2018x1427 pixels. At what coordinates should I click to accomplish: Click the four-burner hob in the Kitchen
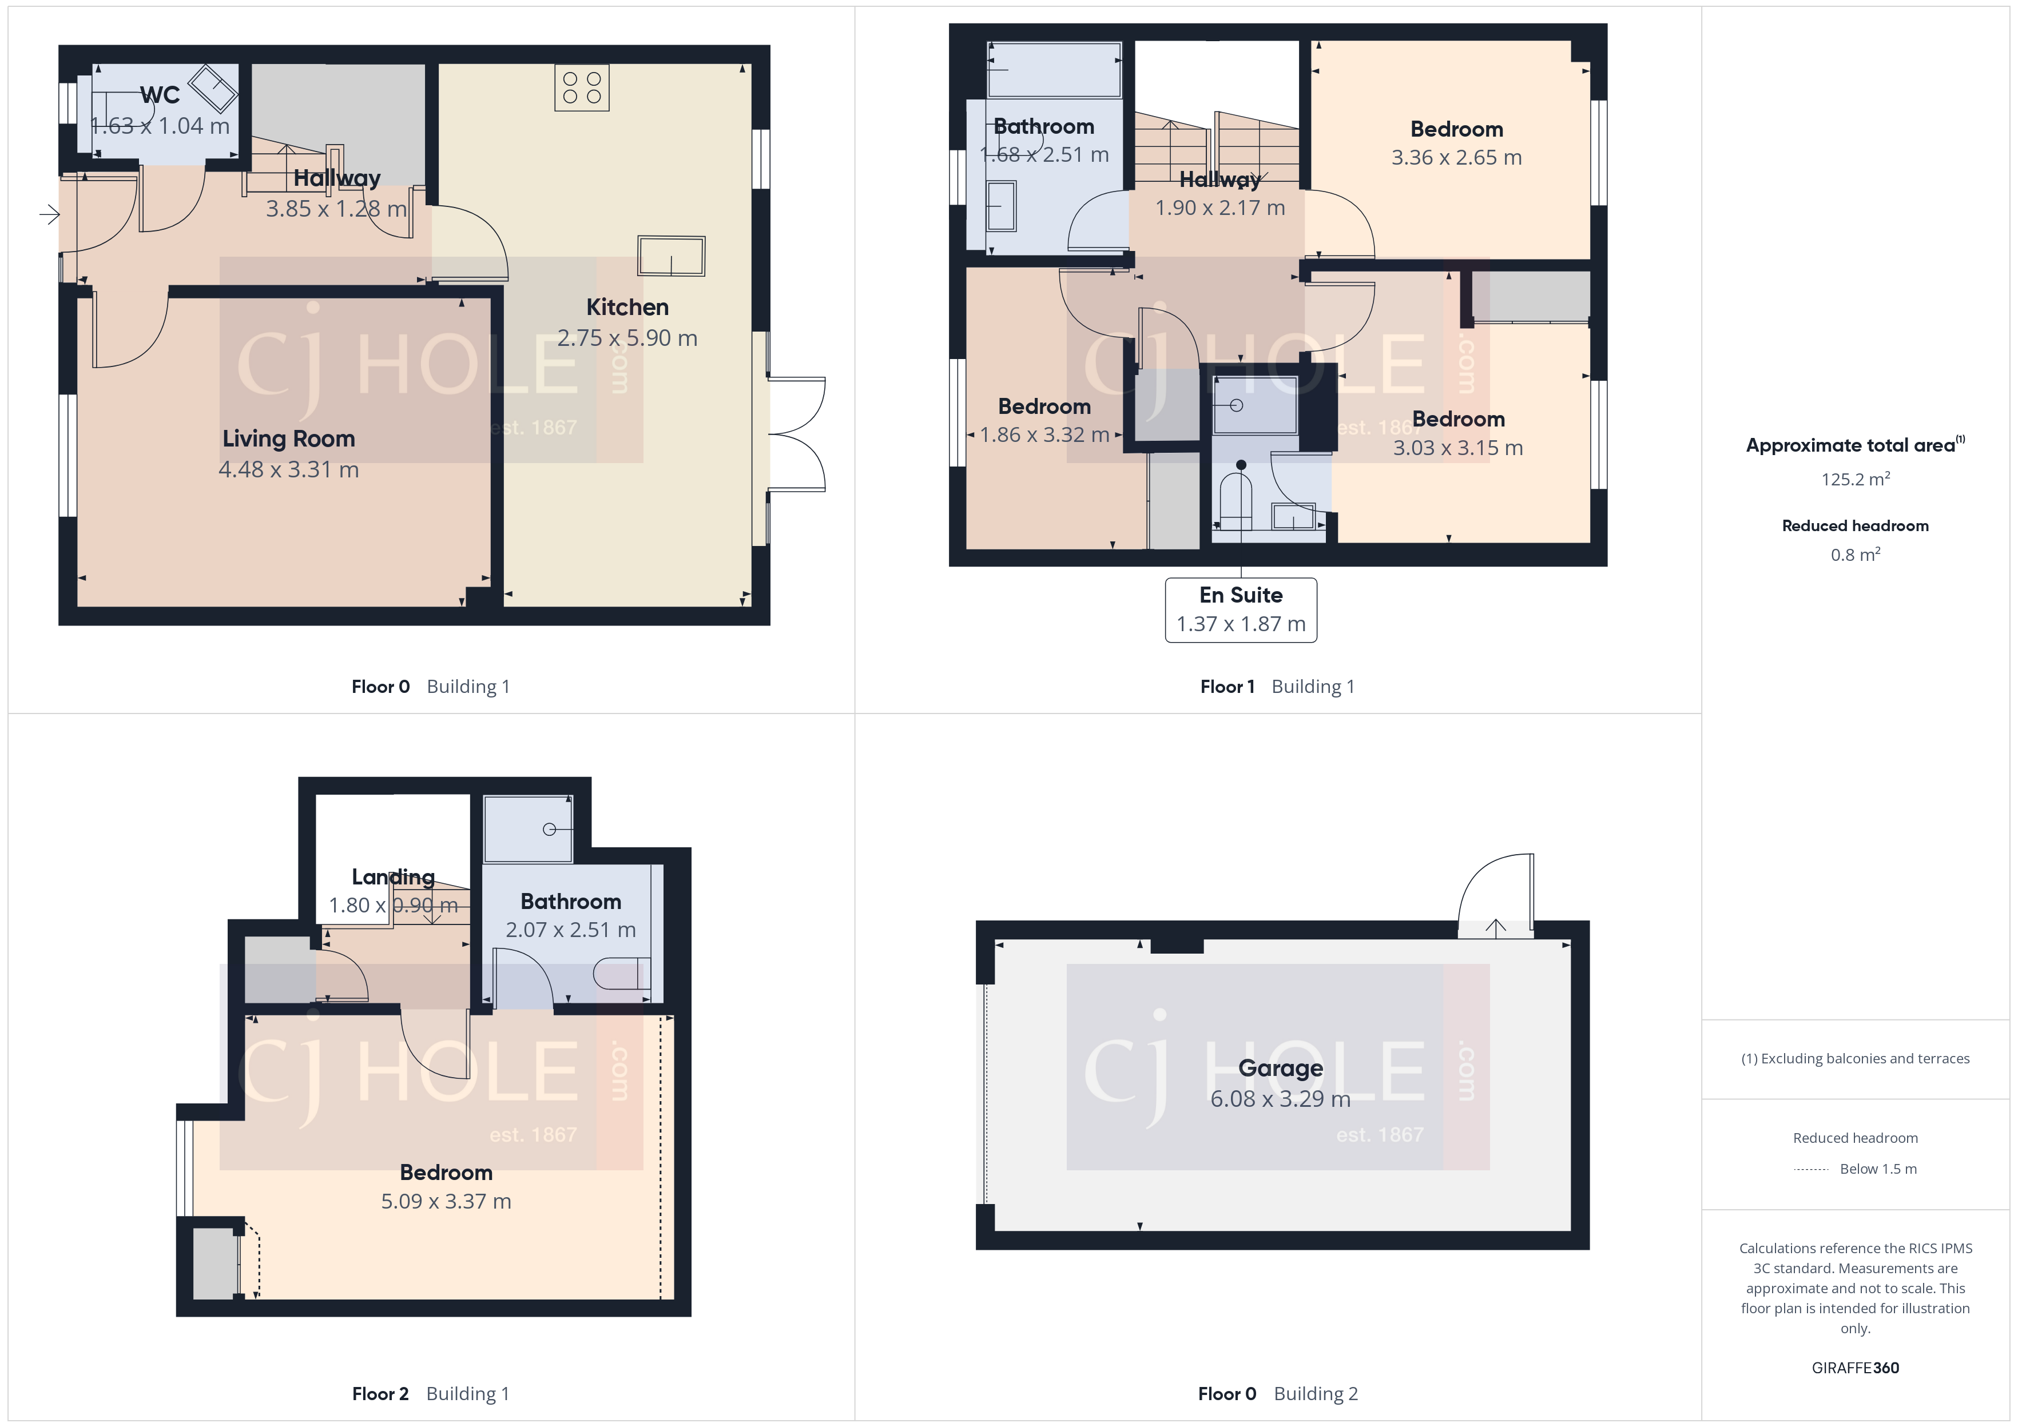[x=582, y=88]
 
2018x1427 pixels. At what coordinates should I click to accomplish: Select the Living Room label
[x=288, y=439]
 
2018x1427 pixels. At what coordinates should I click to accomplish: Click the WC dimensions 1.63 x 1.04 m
[x=160, y=126]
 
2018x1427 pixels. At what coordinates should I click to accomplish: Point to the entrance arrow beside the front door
[x=49, y=213]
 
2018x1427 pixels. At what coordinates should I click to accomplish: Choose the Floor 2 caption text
[x=380, y=1394]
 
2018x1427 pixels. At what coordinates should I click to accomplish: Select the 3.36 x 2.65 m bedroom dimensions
[x=1456, y=157]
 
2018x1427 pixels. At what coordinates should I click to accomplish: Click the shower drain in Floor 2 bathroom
[x=549, y=828]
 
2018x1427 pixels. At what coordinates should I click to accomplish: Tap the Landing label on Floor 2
[x=393, y=877]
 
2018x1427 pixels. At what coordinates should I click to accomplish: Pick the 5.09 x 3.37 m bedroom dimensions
[x=446, y=1201]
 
